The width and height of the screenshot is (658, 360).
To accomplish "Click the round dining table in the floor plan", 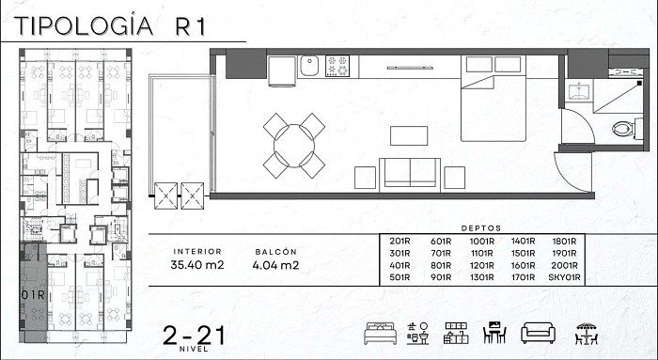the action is pyautogui.click(x=293, y=146).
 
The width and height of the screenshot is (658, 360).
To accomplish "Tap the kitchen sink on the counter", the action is pyautogui.click(x=309, y=66).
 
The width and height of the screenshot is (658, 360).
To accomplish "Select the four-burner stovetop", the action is pyautogui.click(x=337, y=66).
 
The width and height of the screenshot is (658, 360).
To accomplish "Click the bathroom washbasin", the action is pyautogui.click(x=579, y=92).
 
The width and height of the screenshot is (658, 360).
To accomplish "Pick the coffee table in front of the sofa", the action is pyautogui.click(x=409, y=136).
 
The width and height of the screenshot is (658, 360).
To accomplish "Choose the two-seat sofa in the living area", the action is pyautogui.click(x=410, y=175).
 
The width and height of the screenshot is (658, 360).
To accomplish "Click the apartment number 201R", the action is pyautogui.click(x=399, y=242).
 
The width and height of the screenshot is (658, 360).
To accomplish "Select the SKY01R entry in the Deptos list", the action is pyautogui.click(x=564, y=277).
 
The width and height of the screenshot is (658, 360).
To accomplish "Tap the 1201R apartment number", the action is pyautogui.click(x=481, y=266).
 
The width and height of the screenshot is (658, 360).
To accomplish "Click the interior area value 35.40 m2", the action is pyautogui.click(x=197, y=265).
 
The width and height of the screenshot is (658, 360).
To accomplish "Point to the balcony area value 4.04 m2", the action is pyautogui.click(x=275, y=265).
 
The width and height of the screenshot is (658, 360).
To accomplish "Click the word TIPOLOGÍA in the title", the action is pyautogui.click(x=84, y=26).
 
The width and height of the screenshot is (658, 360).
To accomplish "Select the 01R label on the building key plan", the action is pyautogui.click(x=33, y=295).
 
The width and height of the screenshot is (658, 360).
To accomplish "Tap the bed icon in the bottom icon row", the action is pyautogui.click(x=380, y=333).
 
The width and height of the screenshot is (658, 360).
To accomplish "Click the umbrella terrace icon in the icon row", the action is pyautogui.click(x=587, y=334).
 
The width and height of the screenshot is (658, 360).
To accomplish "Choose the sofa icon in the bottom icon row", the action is pyautogui.click(x=538, y=333).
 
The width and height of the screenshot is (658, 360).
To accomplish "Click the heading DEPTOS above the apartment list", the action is pyautogui.click(x=481, y=228).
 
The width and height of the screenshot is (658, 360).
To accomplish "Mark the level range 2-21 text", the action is pyautogui.click(x=194, y=336).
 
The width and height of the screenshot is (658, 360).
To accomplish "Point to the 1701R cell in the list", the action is pyautogui.click(x=523, y=277).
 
